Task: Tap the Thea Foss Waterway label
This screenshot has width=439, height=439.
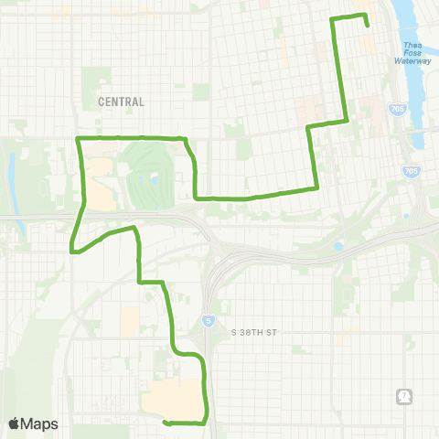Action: coord(412,54)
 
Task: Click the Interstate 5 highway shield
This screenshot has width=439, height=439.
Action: coord(207,320)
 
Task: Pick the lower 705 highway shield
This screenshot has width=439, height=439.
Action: coord(411,171)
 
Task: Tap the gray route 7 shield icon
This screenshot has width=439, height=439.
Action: coord(404,396)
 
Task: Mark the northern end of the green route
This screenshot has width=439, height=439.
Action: coord(367,25)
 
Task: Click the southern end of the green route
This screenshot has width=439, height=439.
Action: coord(165,423)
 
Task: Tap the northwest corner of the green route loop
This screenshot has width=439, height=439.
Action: coord(78,138)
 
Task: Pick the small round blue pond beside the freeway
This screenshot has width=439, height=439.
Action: coord(338,246)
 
